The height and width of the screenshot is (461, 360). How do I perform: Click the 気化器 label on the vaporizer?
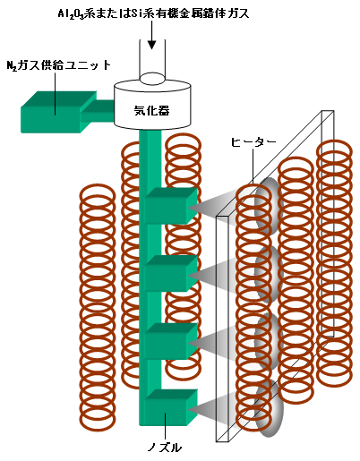(x=151, y=111)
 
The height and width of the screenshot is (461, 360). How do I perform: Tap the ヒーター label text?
(x=253, y=142)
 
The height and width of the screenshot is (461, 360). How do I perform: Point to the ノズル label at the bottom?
(x=165, y=448)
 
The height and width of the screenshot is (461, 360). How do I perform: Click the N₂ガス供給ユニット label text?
(x=59, y=65)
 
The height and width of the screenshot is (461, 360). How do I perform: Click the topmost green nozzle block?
(x=171, y=206)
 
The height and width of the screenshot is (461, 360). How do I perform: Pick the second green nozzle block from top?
(x=171, y=273)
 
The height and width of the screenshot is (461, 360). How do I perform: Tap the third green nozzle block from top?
(x=171, y=341)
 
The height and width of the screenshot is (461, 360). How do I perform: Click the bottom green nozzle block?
(x=171, y=407)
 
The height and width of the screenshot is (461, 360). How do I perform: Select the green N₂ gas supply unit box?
(x=58, y=112)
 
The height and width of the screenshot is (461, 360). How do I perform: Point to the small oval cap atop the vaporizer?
(x=152, y=79)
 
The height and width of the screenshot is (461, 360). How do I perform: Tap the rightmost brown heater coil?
(x=334, y=262)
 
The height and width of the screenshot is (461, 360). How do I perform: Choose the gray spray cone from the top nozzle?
(x=212, y=206)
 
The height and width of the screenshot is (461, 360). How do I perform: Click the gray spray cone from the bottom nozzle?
(x=212, y=408)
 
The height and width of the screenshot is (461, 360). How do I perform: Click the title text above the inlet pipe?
(x=153, y=13)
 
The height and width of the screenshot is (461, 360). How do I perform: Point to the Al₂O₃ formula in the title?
(x=71, y=14)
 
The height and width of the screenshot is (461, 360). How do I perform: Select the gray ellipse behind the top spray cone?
(x=268, y=206)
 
